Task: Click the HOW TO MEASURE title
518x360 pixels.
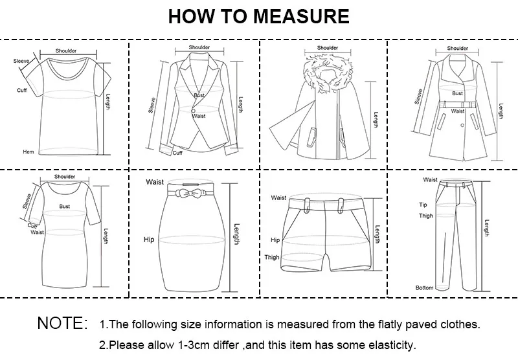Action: point(258,16)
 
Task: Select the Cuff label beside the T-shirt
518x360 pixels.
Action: point(21,90)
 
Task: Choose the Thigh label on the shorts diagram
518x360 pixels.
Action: point(272,258)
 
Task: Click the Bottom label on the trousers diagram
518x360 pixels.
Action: point(425,287)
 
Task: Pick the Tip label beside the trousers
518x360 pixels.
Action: point(423,205)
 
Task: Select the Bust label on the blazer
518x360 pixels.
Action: point(199,96)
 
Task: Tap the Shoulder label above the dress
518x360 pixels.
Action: point(65,176)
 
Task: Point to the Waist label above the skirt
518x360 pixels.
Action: point(155,183)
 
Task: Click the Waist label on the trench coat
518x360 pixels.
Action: point(458,111)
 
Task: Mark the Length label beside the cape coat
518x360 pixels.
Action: point(376,120)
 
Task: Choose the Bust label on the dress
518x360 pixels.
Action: point(65,206)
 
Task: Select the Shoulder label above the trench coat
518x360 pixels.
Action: point(457,49)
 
